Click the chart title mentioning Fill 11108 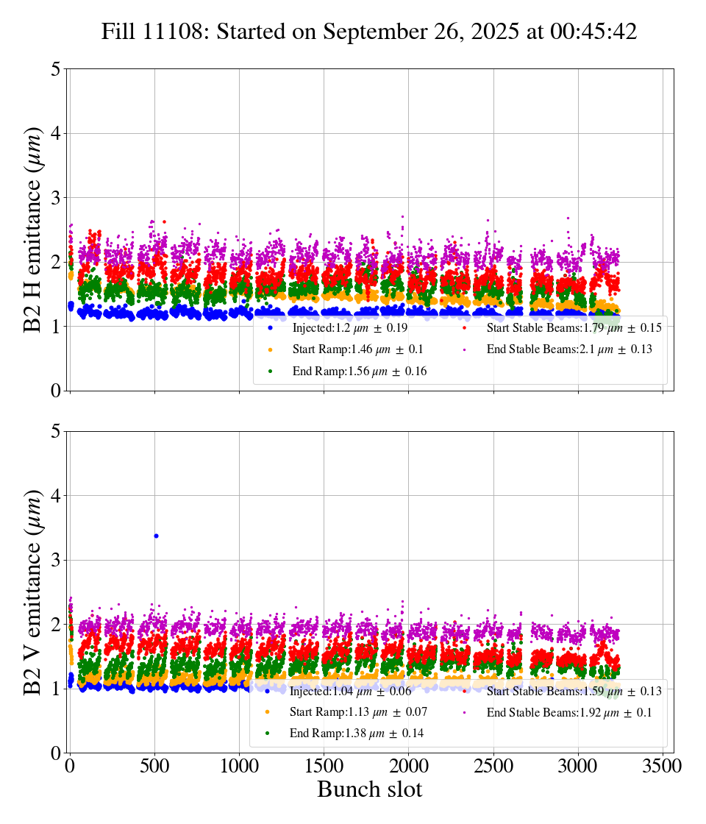(369, 32)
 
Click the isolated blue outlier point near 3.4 (156, 536)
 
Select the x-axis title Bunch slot (369, 789)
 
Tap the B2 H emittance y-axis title (34, 230)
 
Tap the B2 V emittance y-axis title (34, 592)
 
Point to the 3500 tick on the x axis (663, 766)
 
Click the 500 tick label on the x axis (154, 766)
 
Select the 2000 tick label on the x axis (409, 766)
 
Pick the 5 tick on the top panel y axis (55, 69)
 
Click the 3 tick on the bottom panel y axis (55, 560)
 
